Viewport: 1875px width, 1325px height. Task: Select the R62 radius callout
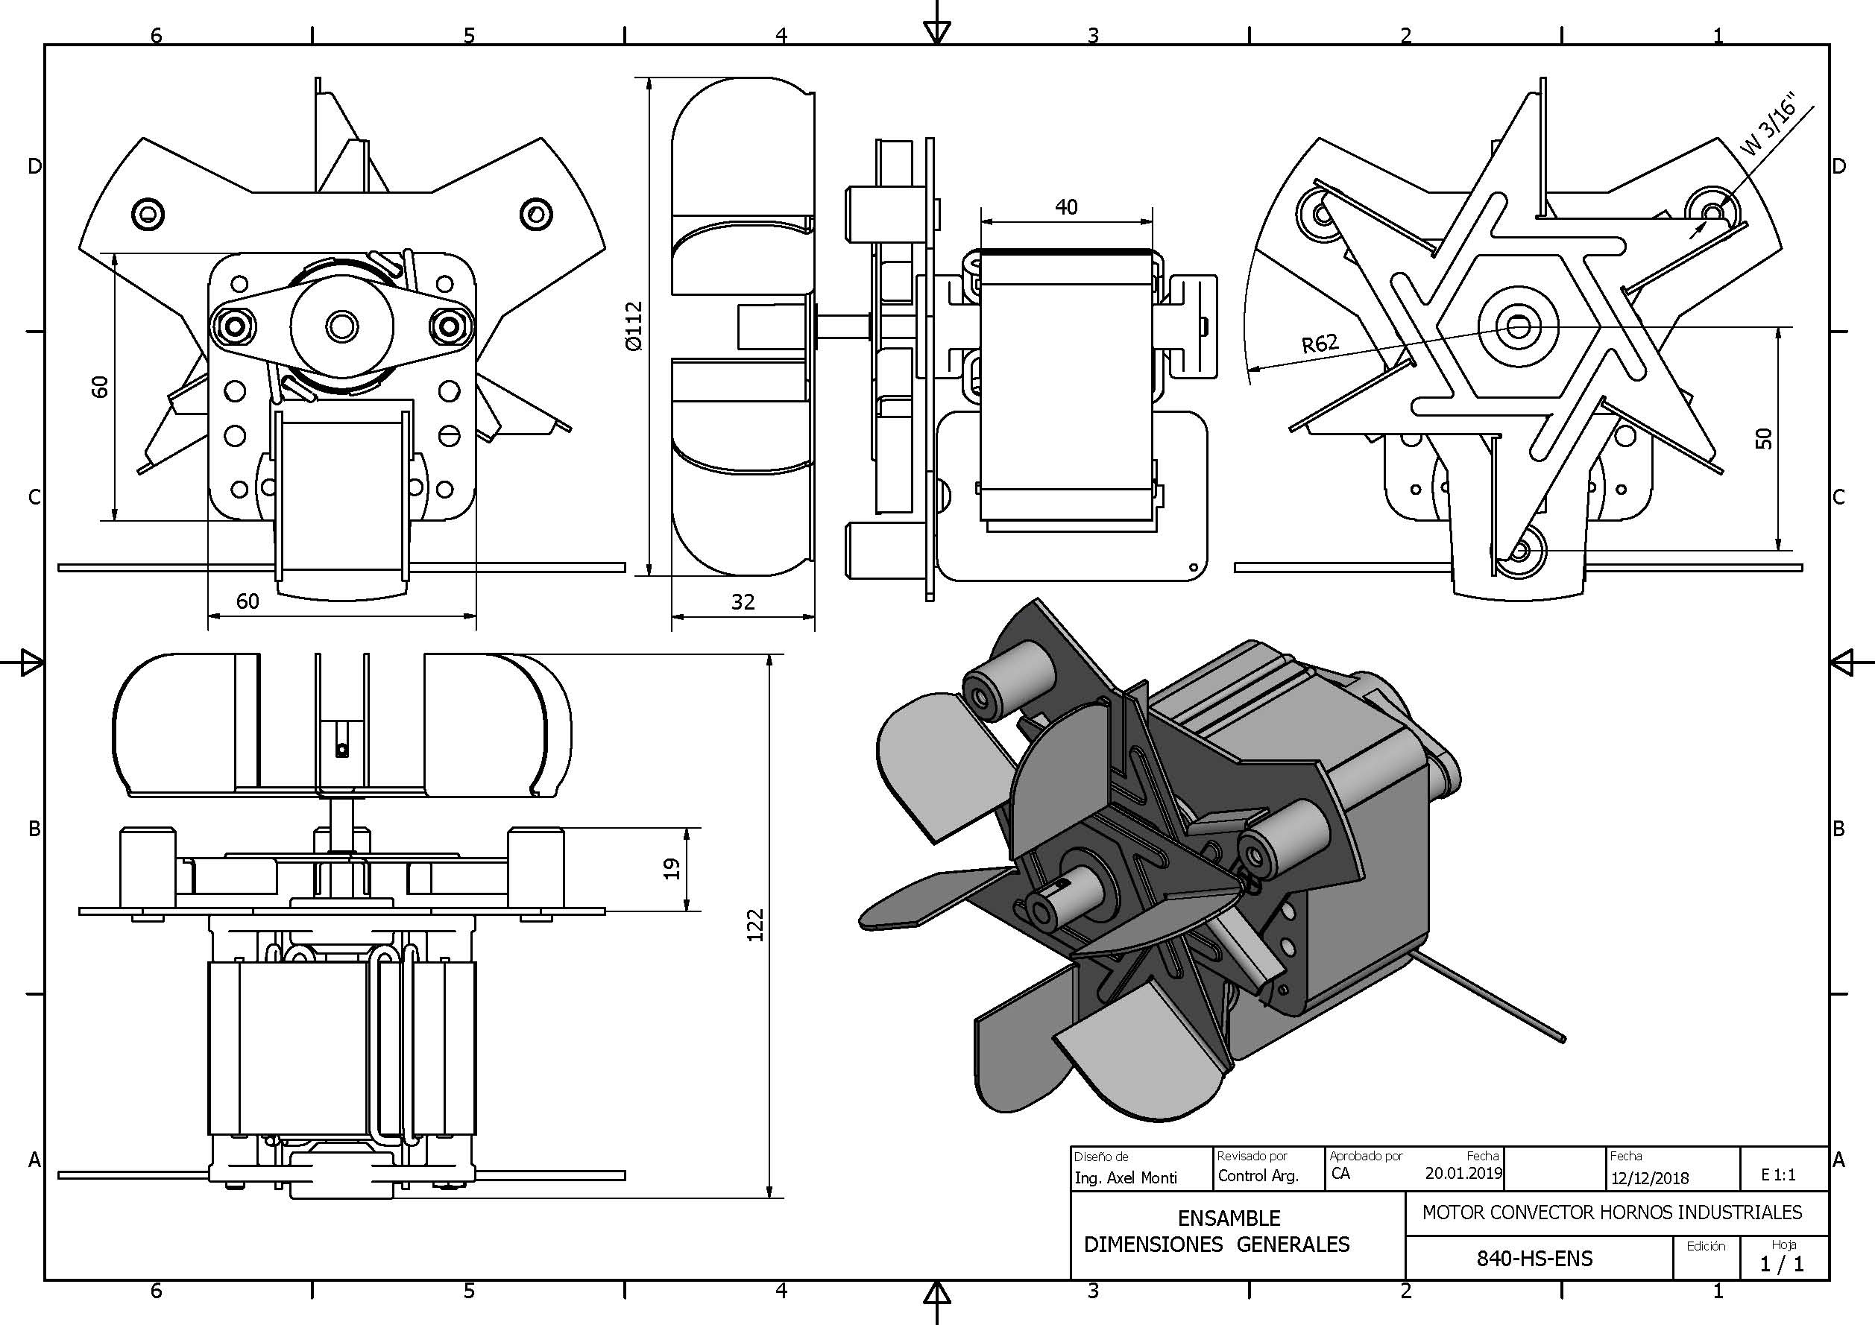coord(1320,343)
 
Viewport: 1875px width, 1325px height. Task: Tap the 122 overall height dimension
coord(754,925)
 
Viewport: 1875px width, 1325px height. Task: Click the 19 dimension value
coord(671,869)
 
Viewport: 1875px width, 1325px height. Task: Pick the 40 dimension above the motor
coord(1065,206)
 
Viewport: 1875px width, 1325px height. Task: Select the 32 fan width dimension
coord(743,601)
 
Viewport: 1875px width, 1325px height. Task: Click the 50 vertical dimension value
coord(1764,438)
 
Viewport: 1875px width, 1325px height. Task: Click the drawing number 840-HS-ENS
coord(1534,1258)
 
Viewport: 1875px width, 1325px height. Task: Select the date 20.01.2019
coord(1463,1173)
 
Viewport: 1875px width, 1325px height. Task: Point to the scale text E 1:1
coord(1778,1174)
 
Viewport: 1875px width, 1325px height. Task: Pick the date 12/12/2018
coord(1650,1178)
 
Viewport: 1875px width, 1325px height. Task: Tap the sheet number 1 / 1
coord(1782,1265)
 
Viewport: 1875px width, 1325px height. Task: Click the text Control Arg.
coord(1258,1176)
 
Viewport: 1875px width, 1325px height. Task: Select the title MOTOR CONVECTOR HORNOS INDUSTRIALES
coord(1612,1212)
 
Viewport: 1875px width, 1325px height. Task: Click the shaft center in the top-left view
coord(341,326)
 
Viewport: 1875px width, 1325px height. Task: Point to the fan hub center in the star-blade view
coord(1518,326)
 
